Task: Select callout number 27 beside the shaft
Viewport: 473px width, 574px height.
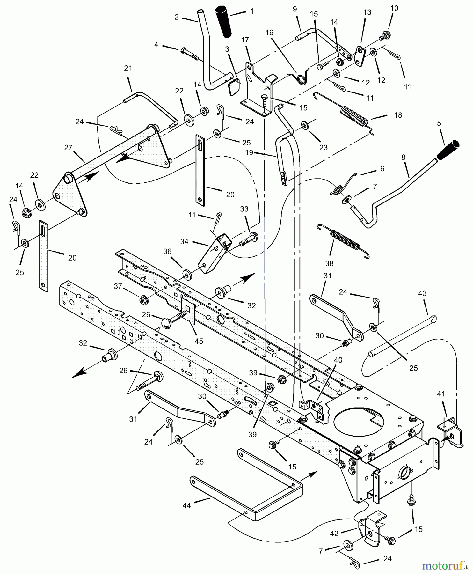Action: tap(68, 148)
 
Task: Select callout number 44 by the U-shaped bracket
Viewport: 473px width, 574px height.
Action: tap(187, 506)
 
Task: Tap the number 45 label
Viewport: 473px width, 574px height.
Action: tap(199, 341)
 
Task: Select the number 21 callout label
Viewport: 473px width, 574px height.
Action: tap(128, 68)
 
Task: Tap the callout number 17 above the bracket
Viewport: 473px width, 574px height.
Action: tap(245, 40)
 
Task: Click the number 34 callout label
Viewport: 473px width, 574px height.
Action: tap(185, 242)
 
